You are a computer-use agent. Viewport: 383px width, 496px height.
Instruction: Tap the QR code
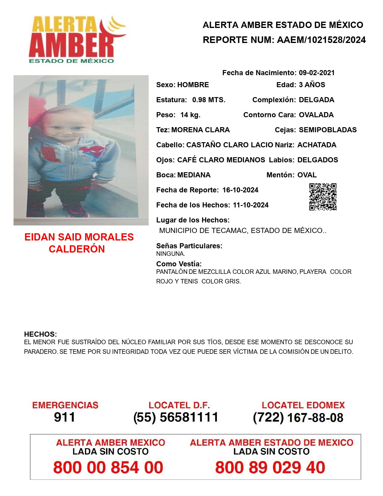323,197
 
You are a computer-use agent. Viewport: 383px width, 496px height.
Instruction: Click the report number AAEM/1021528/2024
321,40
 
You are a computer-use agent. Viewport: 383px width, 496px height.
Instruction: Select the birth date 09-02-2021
317,73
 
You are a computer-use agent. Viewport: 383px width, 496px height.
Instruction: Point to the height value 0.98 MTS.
209,100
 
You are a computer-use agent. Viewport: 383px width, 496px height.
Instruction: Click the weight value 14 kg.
190,115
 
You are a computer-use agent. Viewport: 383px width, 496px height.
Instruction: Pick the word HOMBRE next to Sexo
193,85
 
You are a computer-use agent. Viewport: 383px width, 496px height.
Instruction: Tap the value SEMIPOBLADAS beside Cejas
328,130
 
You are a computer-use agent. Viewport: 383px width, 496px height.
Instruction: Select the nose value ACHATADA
317,145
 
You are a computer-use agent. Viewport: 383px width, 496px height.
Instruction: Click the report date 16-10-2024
240,190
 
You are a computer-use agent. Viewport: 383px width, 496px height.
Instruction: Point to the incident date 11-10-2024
251,205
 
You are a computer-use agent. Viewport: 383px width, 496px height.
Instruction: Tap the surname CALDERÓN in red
77,249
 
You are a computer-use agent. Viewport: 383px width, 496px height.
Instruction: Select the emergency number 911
65,417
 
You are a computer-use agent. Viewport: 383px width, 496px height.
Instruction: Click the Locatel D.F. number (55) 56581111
176,417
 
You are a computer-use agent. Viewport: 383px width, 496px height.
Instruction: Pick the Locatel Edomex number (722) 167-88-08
298,418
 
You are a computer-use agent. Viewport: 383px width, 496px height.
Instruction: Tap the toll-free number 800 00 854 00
108,467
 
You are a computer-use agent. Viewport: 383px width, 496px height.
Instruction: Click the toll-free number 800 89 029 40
270,467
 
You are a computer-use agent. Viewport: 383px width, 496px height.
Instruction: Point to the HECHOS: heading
41,334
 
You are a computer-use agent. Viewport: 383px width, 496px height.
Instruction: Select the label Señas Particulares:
189,246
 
